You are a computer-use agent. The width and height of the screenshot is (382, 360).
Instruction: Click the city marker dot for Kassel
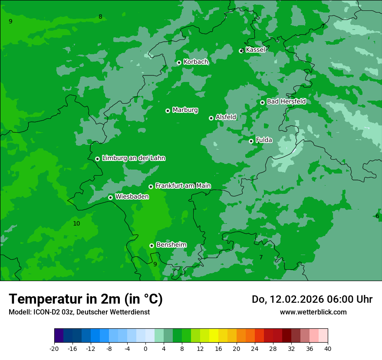pos(242,51)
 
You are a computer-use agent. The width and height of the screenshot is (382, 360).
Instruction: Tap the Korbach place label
pos(196,62)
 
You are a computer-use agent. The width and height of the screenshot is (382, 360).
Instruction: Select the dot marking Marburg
pos(168,111)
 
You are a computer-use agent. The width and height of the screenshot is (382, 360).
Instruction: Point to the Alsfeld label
pos(226,117)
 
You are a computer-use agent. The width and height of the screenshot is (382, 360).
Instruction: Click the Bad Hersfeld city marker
pos(262,102)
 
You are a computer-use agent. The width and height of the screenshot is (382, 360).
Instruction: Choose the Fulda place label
pos(264,140)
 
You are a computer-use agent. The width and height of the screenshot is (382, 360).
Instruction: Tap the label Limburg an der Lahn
pos(133,158)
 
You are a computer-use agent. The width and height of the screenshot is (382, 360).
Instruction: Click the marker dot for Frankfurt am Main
pos(151,187)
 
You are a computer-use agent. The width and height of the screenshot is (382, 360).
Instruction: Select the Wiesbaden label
pos(132,196)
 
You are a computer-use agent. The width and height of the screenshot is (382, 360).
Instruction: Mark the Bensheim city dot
pos(151,245)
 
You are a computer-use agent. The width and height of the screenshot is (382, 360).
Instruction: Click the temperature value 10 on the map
pos(76,223)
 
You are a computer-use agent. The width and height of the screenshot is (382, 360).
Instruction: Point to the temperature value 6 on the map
pos(377,216)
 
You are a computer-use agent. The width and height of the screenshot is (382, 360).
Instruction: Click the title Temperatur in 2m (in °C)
pos(86,299)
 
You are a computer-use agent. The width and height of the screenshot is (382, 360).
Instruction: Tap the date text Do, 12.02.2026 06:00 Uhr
pos(312,299)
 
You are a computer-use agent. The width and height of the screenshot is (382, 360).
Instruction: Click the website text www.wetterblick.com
pos(313,312)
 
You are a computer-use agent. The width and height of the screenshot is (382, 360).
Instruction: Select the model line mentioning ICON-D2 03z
pos(79,312)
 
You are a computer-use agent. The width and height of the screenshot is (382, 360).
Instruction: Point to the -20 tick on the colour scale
pos(54,348)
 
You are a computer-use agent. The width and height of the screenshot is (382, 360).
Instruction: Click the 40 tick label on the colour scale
pos(327,348)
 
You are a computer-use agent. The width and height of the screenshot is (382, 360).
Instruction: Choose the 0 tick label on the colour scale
pos(145,348)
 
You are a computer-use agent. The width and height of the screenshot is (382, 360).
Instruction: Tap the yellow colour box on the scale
pos(214,336)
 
